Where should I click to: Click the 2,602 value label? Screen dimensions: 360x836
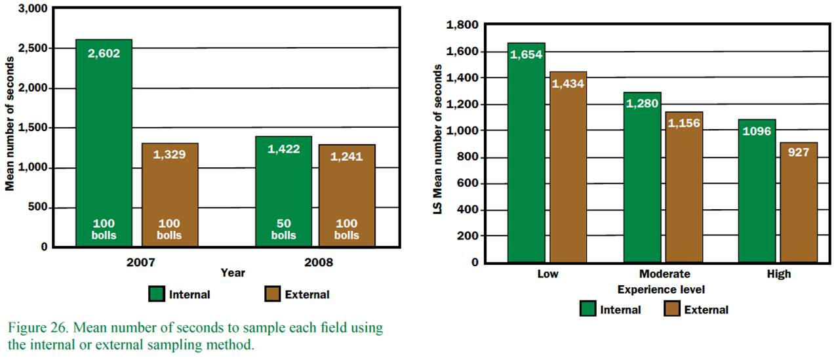(104, 54)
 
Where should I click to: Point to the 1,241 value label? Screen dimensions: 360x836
(347, 157)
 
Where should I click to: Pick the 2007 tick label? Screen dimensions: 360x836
(141, 262)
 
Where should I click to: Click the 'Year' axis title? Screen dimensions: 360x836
(233, 273)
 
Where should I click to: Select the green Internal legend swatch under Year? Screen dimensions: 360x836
(157, 294)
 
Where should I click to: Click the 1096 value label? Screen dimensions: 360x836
(757, 130)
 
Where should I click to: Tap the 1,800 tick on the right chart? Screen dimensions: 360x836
(464, 25)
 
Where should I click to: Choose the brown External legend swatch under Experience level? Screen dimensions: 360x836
(672, 310)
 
